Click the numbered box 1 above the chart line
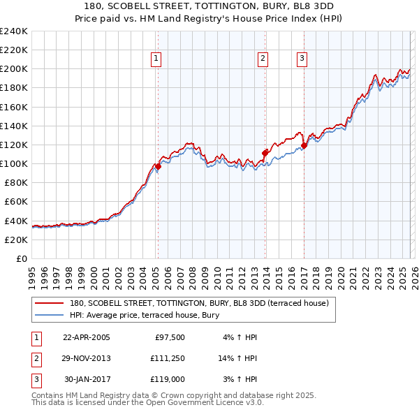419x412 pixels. (x=155, y=59)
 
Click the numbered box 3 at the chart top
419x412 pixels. (x=302, y=59)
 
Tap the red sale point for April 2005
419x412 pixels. (x=159, y=166)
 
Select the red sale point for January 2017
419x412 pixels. (x=304, y=146)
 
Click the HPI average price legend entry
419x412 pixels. (x=145, y=315)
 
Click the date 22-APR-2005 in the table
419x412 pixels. (x=87, y=337)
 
